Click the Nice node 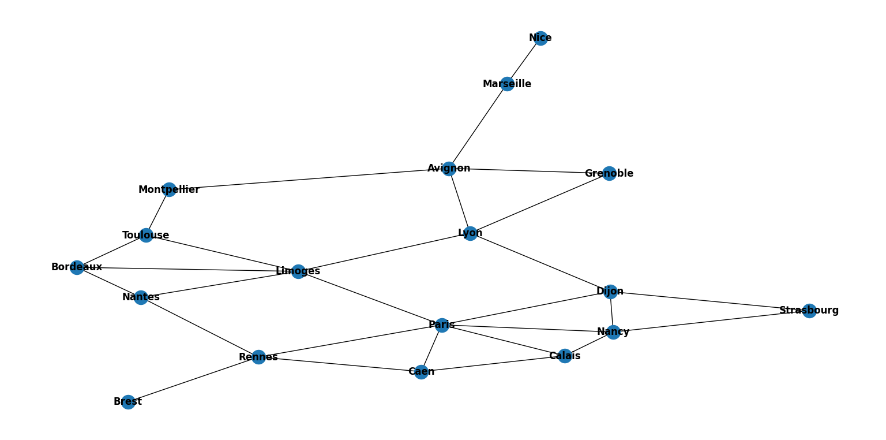540,39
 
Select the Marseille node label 507,84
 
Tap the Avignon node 449,169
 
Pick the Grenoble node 609,173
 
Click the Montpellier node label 169,190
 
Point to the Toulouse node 146,236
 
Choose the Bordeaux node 77,267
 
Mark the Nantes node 141,297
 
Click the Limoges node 298,271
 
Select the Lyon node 470,233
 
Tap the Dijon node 610,292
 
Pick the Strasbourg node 809,311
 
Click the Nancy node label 613,332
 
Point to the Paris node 442,325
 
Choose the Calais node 565,356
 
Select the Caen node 421,372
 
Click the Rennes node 258,357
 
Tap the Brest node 128,402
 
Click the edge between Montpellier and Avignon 309,180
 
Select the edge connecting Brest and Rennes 193,379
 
